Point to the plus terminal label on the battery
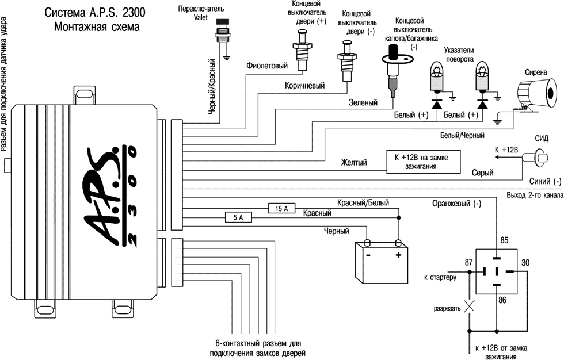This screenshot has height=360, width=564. point(398,255)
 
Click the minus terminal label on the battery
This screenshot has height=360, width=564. point(367,255)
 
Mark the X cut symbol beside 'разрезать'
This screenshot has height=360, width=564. point(469,307)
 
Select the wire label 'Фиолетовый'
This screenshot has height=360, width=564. point(266,66)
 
